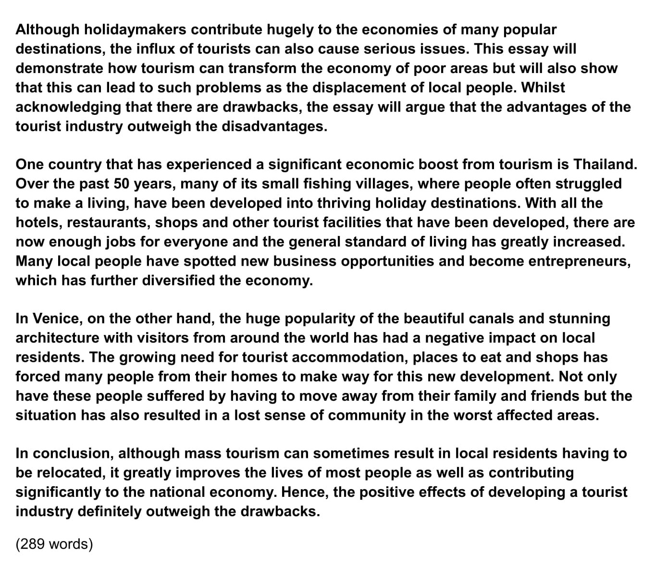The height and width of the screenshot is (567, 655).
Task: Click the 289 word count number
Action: click(32, 544)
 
